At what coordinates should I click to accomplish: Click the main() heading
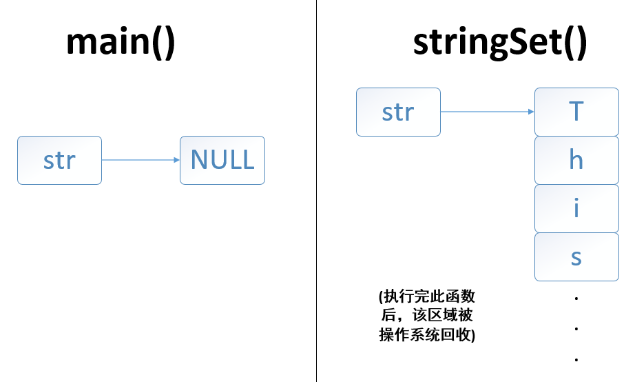coord(121,43)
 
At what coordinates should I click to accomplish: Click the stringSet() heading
coord(500,43)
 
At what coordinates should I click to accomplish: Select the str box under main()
coord(59,160)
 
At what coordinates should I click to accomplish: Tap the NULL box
coord(222,160)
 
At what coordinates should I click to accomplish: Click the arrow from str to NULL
coord(140,160)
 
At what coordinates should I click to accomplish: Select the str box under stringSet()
coord(398,112)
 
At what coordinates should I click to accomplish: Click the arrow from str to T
coord(487,112)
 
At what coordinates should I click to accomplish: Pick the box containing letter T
coord(576,112)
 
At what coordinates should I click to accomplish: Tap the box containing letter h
coord(576,160)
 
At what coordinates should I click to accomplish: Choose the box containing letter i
coord(576,208)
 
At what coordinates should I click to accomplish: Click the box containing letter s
coord(576,257)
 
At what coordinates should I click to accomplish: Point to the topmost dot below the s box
coord(576,299)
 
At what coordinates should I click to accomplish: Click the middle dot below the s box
coord(576,329)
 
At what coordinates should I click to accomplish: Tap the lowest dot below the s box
coord(576,359)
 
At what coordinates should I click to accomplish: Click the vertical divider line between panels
coord(317,207)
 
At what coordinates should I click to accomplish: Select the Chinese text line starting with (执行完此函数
coord(427,297)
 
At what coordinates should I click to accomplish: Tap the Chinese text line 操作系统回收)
coord(427,335)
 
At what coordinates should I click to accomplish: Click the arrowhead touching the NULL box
coord(176,160)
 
